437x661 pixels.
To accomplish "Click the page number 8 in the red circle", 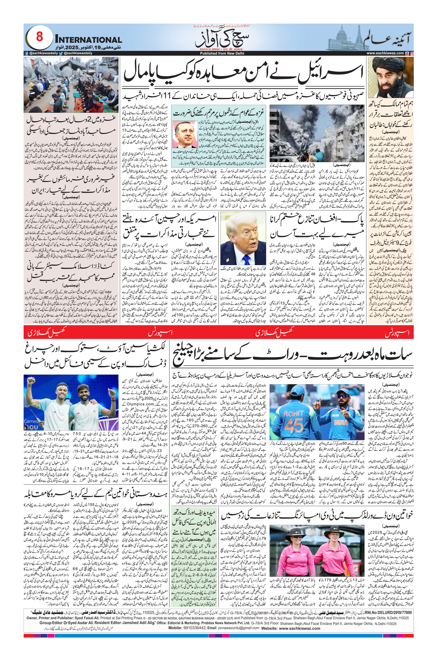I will (39, 36).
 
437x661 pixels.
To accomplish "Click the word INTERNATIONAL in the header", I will (88, 40).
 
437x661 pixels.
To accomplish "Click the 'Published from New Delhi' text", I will (222, 53).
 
